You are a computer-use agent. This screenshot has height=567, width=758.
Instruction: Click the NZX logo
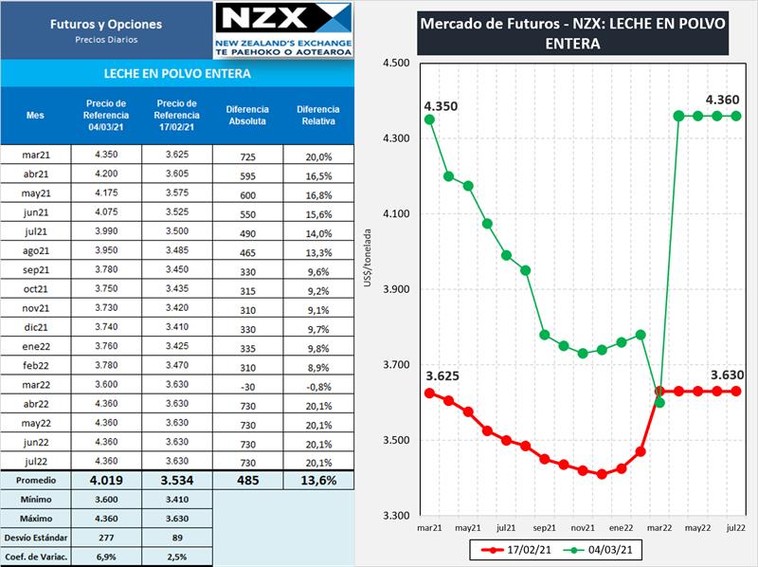[283, 29]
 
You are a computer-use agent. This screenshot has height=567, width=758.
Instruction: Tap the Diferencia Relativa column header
[316, 115]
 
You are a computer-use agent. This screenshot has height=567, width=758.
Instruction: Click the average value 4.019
[107, 480]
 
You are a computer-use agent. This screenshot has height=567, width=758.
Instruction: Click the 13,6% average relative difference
[316, 480]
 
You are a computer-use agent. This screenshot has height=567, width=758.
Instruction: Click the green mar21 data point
[429, 119]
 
